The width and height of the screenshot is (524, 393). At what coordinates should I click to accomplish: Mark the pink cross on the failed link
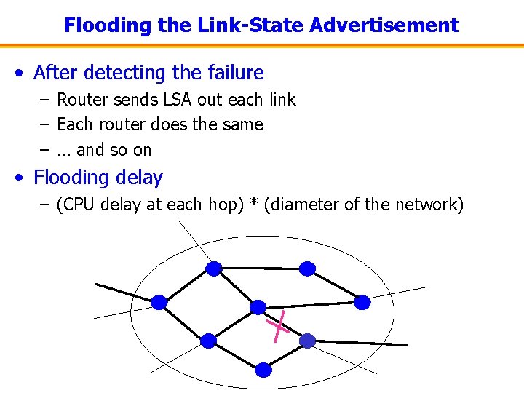pos(278,327)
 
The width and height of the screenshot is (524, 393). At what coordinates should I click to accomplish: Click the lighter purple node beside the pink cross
pos(308,340)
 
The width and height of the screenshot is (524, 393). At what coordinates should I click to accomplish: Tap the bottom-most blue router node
pos(263,370)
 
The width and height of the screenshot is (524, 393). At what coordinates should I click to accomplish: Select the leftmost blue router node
pos(159,301)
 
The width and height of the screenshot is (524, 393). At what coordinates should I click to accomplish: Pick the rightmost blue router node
pos(362,301)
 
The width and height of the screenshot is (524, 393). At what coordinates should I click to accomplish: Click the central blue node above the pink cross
pos(258,307)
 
